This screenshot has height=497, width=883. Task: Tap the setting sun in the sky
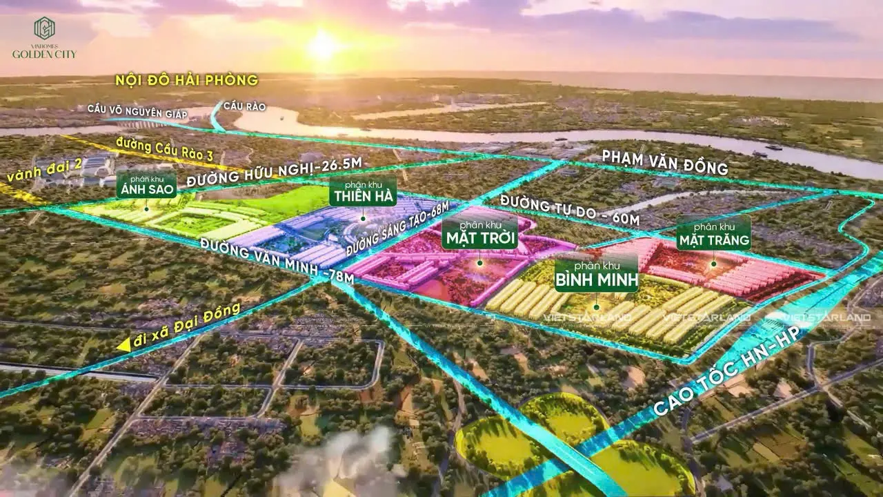point(321,45)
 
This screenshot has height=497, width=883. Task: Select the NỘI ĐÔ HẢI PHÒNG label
point(187,81)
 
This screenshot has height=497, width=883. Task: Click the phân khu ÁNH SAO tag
point(146,184)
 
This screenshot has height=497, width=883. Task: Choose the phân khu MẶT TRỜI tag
point(479,233)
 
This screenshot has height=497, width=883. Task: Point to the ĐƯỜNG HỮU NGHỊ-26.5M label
point(275,170)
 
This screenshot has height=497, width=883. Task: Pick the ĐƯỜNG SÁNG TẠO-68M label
point(397,228)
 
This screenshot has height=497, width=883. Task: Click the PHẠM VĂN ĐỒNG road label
point(665,162)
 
